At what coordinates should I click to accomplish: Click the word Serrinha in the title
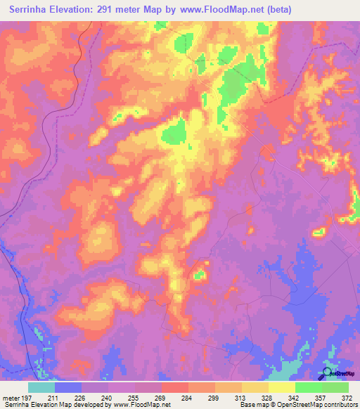click(x=32, y=9)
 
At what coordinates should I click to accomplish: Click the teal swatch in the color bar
click(x=41, y=388)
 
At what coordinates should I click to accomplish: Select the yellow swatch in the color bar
click(x=282, y=388)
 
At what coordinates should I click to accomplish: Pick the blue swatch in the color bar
click(x=68, y=388)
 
